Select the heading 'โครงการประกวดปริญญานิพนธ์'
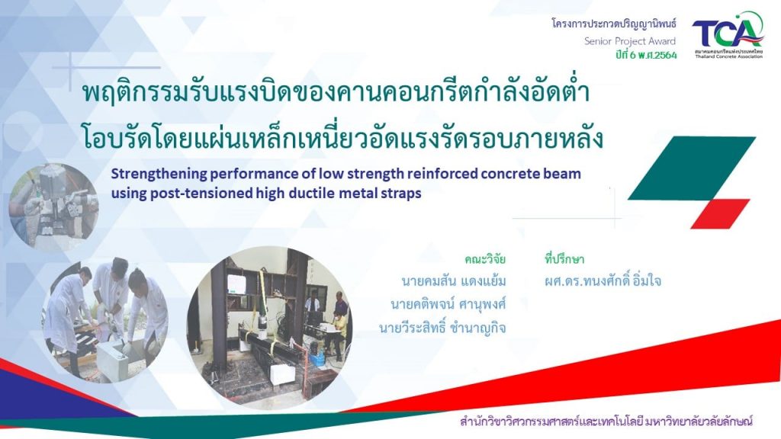coord(614,24)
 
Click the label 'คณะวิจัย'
coord(485,258)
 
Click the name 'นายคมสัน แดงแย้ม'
coord(454,281)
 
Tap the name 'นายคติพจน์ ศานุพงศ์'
coord(448,304)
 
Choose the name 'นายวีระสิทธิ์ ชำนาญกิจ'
coord(442,328)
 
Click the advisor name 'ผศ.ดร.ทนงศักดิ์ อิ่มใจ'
coord(603,281)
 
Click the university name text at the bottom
coord(606,421)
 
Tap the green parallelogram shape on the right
coord(690,168)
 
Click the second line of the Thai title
coord(342,139)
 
